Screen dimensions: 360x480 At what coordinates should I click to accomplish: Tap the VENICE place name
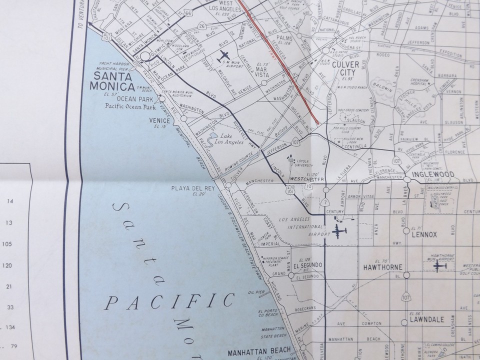coord(157,120)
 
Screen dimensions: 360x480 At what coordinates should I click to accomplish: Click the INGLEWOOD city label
coord(432,175)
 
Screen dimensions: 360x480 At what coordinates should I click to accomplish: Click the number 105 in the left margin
coord(7,244)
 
